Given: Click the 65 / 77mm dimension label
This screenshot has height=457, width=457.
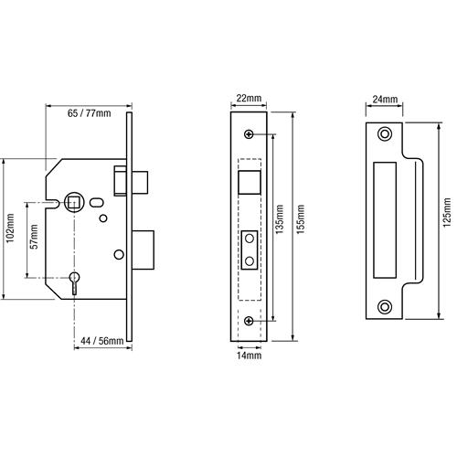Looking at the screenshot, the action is [x=89, y=113].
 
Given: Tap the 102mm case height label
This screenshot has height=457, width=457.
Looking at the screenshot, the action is [x=10, y=228].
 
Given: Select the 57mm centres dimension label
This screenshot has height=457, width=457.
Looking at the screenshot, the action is [x=34, y=237].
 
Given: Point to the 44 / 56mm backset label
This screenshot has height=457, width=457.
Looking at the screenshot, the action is [x=102, y=341].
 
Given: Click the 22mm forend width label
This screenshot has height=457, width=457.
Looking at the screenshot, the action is [x=249, y=99].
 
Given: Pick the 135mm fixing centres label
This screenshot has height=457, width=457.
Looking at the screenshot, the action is [x=280, y=219].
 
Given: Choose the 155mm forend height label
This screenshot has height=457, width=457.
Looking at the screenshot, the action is [x=301, y=219].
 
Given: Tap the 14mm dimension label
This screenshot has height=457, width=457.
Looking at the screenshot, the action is [x=250, y=356].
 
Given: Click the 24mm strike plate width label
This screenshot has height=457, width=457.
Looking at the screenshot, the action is [x=385, y=99].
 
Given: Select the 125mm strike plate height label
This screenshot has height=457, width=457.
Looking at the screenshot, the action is [x=447, y=212].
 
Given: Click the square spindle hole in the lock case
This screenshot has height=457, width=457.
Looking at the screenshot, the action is [x=73, y=202].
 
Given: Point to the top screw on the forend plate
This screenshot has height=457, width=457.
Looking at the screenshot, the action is [x=250, y=134].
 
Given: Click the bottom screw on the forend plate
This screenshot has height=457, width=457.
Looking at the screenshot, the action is [x=250, y=321].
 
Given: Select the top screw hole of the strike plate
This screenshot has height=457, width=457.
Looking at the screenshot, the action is [x=385, y=134].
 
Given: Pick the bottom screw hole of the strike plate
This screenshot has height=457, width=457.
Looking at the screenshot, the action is [x=385, y=307].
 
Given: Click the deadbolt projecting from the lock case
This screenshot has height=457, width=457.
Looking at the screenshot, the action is [x=143, y=250].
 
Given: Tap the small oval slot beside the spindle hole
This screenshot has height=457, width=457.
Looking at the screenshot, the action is [x=97, y=203].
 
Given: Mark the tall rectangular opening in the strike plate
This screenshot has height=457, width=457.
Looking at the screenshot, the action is [x=385, y=220].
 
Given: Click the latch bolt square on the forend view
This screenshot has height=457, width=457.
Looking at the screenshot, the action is [x=250, y=182].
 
